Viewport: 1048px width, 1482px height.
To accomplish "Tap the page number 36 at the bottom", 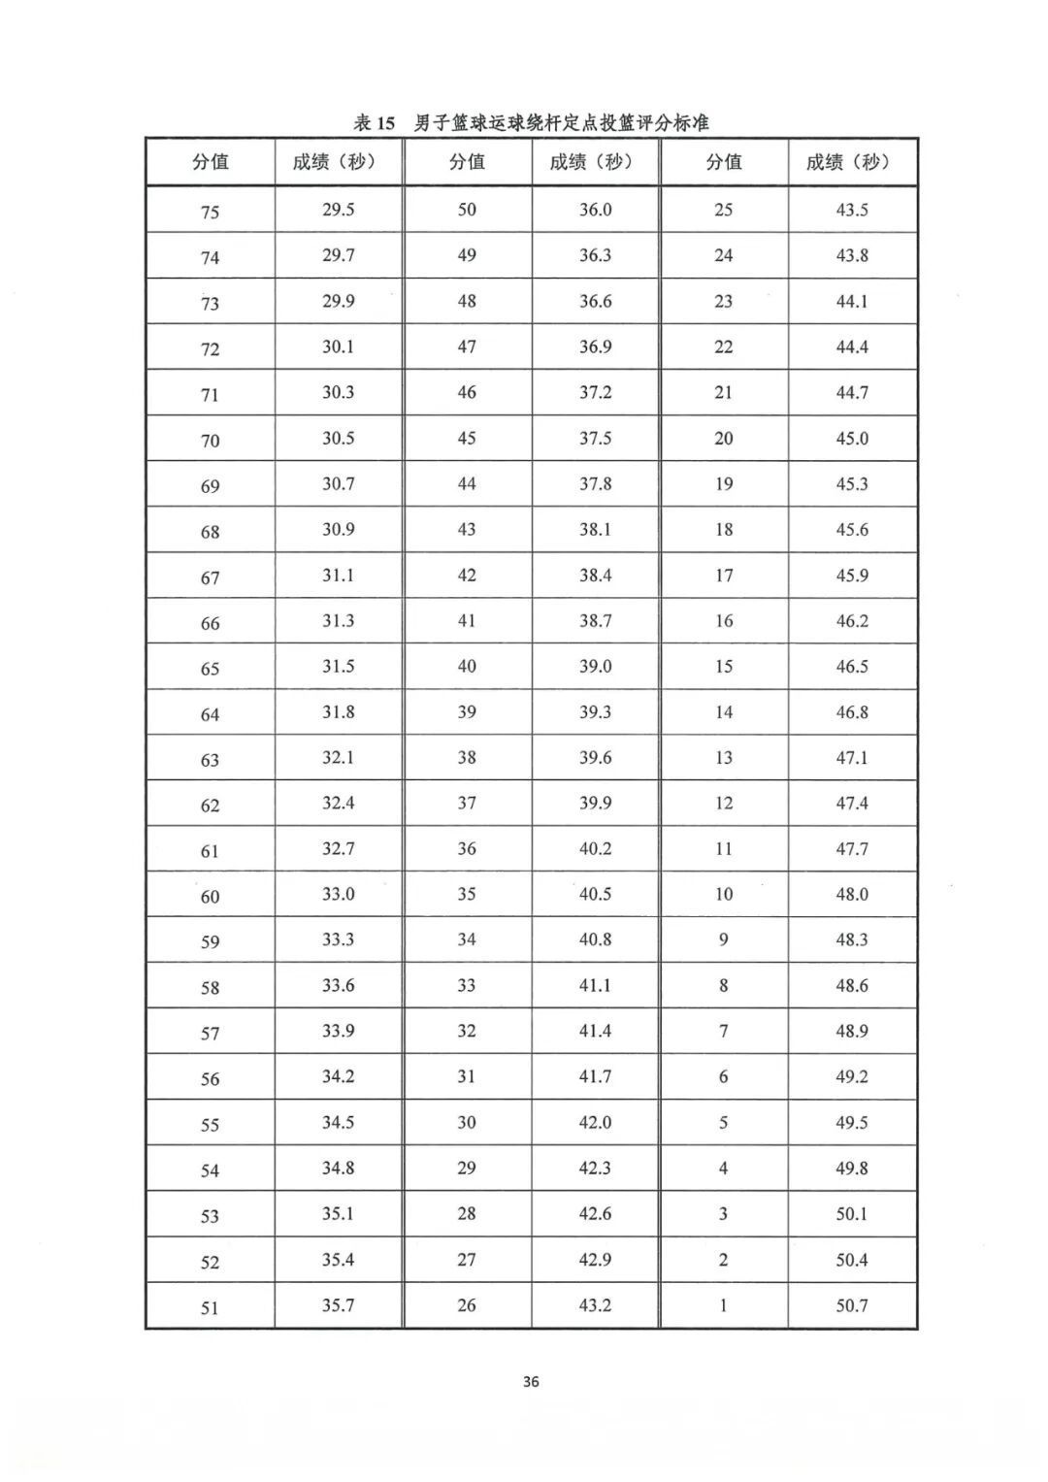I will coord(531,1381).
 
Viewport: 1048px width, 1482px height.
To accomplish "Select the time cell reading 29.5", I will coord(339,210).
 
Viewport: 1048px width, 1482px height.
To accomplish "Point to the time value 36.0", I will coord(595,210).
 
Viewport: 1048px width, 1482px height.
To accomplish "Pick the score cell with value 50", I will coord(467,210).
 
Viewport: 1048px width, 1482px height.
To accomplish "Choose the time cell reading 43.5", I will coord(852,210).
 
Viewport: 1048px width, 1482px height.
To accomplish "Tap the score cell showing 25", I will coord(723,210).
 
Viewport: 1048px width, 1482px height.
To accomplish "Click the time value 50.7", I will coord(852,1305).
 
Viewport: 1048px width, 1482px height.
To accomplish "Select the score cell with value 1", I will coord(723,1305).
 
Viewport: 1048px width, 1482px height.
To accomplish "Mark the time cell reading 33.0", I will coord(339,894).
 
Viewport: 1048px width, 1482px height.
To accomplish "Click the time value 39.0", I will coord(595,666).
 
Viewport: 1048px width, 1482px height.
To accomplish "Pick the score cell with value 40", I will coord(467,666).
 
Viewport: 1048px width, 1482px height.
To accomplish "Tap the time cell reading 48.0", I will coord(852,894).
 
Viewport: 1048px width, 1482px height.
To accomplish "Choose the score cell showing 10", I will coord(723,894).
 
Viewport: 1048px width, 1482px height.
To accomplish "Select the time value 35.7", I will coord(339,1305).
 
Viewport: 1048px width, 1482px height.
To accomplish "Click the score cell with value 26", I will coord(467,1305).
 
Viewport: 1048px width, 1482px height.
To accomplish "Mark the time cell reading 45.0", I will coord(852,438).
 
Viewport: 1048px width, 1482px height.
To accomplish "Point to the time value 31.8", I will coord(339,711).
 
